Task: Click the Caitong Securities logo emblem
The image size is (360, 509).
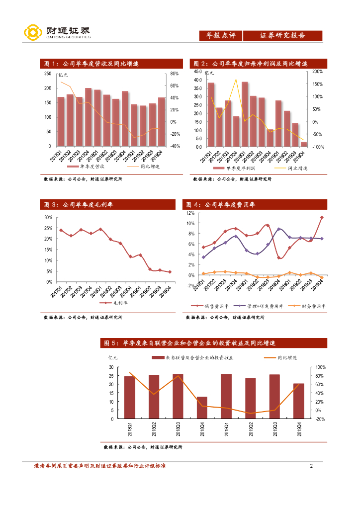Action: coord(32,33)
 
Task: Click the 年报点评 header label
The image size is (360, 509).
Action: coord(220,36)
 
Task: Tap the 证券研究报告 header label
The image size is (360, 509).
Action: coord(282,36)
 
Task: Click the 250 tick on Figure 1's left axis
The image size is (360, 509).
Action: coord(48,74)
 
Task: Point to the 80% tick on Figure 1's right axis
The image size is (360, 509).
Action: coord(175,74)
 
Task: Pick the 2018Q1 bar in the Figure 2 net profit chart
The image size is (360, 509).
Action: coord(245,114)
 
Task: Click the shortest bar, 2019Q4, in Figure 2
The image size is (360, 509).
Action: coord(304,144)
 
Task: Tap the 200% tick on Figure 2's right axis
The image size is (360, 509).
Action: coord(317,72)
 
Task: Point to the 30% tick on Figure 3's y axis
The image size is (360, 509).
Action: coord(48,218)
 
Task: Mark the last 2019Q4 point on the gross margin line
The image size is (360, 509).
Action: coord(170,272)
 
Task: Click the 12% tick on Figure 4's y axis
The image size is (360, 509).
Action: coord(190,213)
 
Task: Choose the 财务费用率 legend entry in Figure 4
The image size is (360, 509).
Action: coord(311,306)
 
